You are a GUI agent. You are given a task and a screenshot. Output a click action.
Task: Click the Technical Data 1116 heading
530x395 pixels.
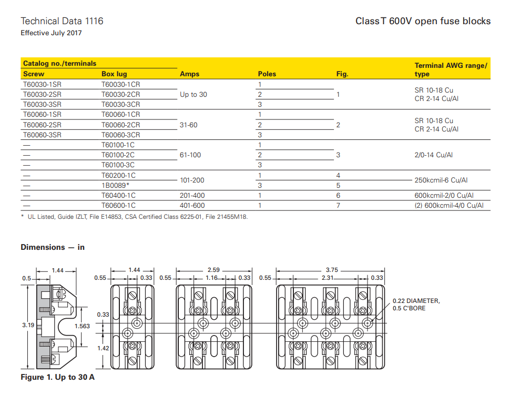click(62, 21)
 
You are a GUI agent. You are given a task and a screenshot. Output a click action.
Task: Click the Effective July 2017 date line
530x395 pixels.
click(51, 33)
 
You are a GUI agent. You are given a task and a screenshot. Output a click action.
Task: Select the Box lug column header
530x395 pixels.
click(114, 74)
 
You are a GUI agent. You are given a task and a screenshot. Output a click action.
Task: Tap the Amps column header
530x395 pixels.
click(189, 74)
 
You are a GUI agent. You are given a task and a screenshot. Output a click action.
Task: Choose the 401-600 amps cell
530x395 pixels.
click(192, 205)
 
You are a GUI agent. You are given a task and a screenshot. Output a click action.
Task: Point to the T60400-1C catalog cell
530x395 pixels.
click(118, 195)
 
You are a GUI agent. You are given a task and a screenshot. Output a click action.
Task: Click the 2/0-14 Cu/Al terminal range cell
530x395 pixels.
click(434, 155)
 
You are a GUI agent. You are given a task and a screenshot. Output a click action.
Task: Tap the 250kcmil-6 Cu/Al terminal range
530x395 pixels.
click(441, 180)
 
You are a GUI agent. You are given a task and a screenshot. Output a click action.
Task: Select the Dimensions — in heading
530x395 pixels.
click(53, 247)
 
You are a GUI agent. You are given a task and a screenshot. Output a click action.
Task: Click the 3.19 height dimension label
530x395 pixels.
click(27, 326)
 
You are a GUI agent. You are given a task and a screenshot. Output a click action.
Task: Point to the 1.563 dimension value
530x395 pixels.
click(83, 326)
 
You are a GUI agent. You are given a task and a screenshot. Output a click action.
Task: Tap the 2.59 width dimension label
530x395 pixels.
click(213, 270)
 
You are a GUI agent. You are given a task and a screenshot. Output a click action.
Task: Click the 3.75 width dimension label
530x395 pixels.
click(332, 270)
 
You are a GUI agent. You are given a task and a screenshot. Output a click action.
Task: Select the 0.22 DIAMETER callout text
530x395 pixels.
click(416, 301)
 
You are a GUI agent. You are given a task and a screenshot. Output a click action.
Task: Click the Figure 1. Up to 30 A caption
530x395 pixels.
click(57, 377)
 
